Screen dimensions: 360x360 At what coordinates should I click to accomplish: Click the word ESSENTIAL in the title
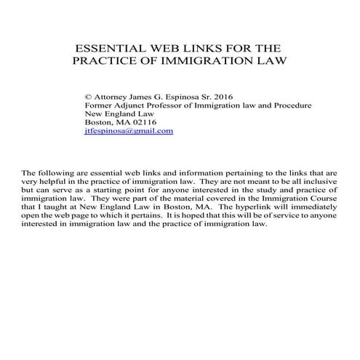108,50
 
